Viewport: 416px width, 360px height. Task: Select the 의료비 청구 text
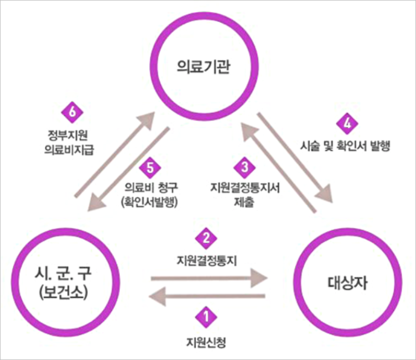[x=148, y=187]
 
